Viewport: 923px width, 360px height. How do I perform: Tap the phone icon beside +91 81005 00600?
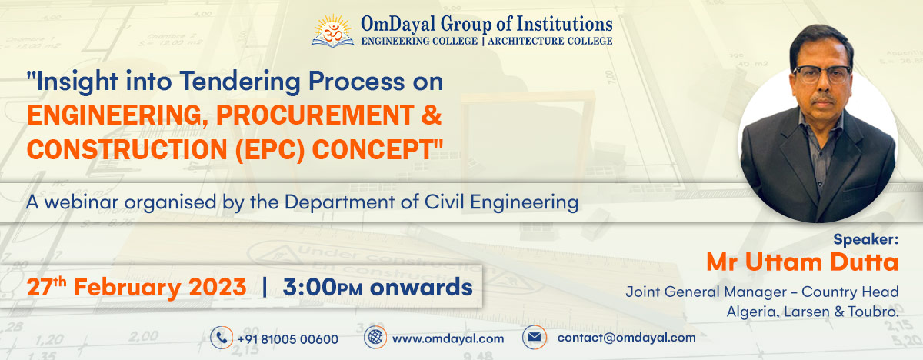point(222,338)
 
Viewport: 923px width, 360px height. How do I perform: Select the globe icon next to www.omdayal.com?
point(375,338)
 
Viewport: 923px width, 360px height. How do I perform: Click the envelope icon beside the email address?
point(534,338)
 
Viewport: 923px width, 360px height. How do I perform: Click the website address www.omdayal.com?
point(448,338)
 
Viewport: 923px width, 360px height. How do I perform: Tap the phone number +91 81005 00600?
point(287,338)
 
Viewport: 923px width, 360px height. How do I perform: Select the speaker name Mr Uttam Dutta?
point(802,262)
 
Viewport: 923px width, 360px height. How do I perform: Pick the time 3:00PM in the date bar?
point(322,288)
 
